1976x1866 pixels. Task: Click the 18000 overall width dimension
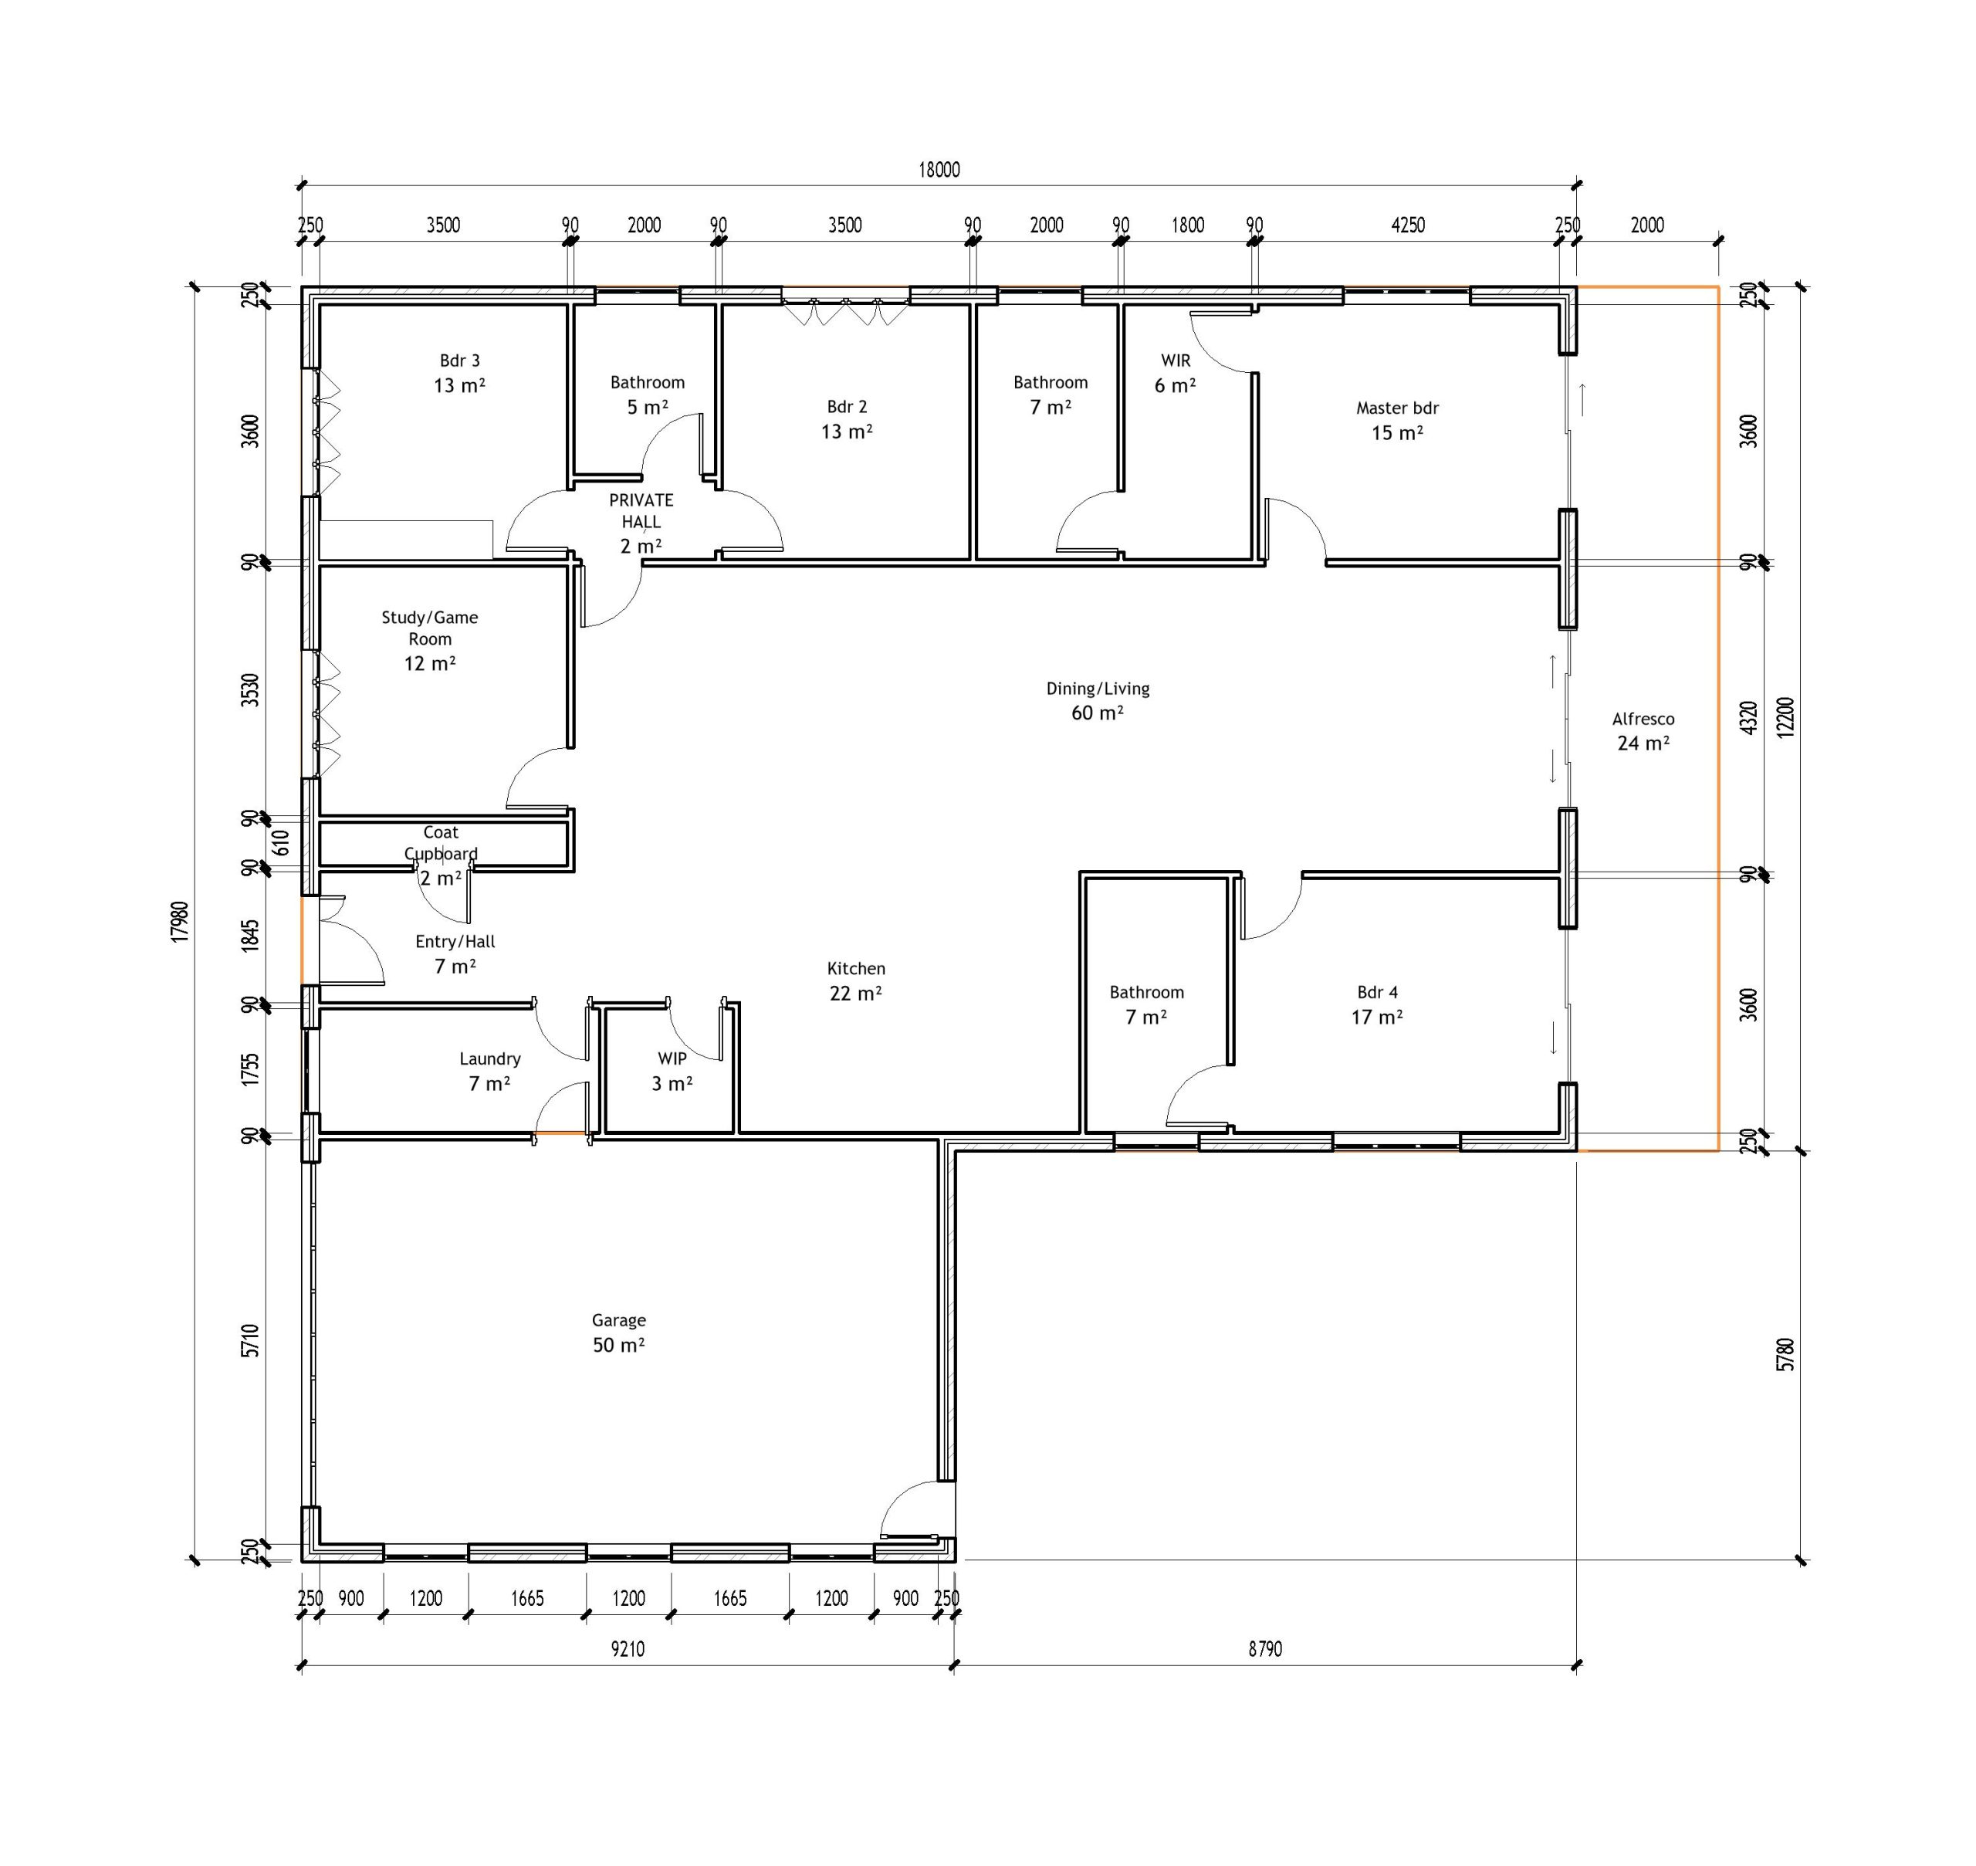point(939,170)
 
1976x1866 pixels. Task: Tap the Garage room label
point(618,1320)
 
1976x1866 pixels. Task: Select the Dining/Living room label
point(1097,689)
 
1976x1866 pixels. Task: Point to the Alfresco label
point(1643,718)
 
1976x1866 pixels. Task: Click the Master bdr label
point(1396,408)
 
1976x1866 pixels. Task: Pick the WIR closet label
point(1176,360)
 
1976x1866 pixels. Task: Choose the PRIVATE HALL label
point(641,510)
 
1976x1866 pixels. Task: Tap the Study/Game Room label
point(430,628)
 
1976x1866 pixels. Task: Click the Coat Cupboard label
point(441,842)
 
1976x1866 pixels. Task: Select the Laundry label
point(489,1058)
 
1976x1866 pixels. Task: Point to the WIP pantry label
point(672,1058)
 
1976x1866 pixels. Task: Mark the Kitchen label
point(855,968)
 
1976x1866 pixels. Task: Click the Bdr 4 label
point(1376,992)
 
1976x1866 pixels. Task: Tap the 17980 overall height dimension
point(179,922)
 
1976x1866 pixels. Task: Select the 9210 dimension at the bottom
point(628,1649)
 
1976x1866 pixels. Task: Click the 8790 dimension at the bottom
point(1265,1649)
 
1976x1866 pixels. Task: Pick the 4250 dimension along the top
point(1407,225)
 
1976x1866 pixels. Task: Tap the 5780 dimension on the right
point(1785,1356)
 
